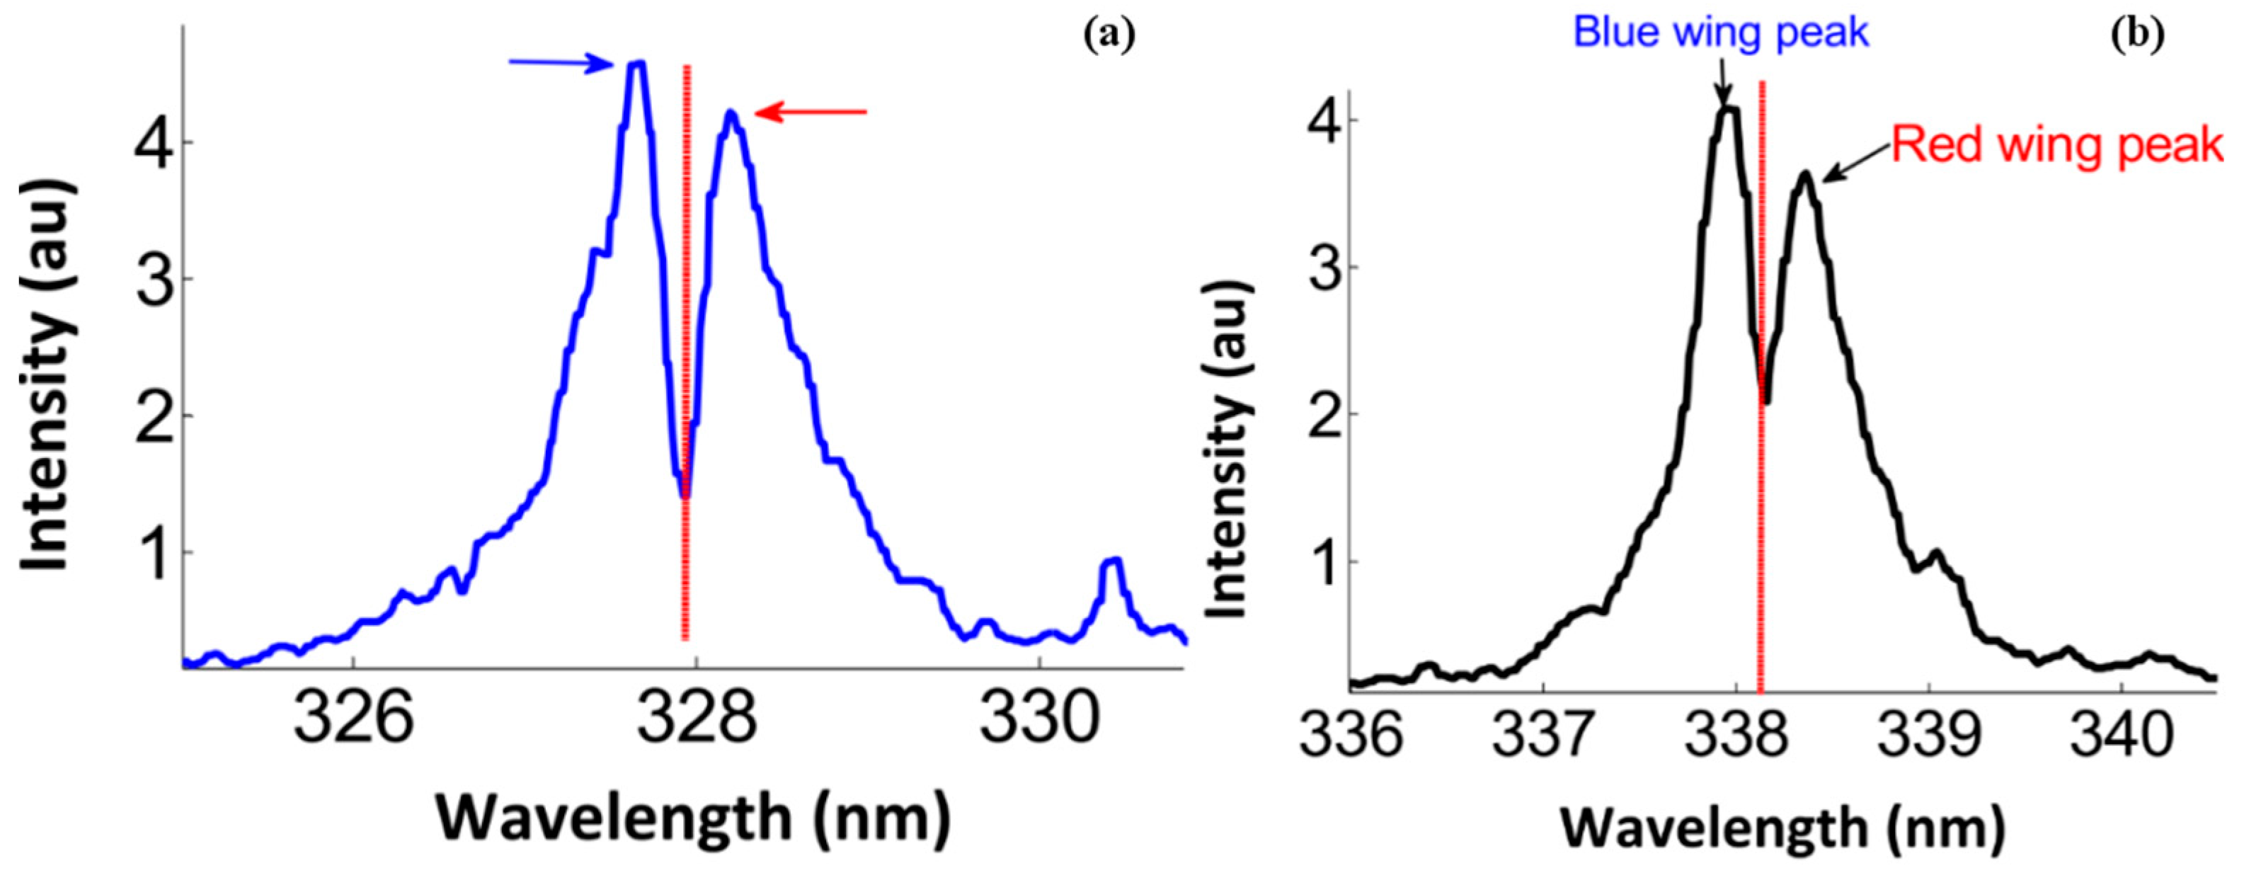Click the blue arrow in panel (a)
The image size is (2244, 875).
click(562, 63)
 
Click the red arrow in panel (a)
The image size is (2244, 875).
click(810, 112)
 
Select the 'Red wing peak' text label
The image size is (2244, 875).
click(2056, 144)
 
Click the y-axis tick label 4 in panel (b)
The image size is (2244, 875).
click(1322, 120)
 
